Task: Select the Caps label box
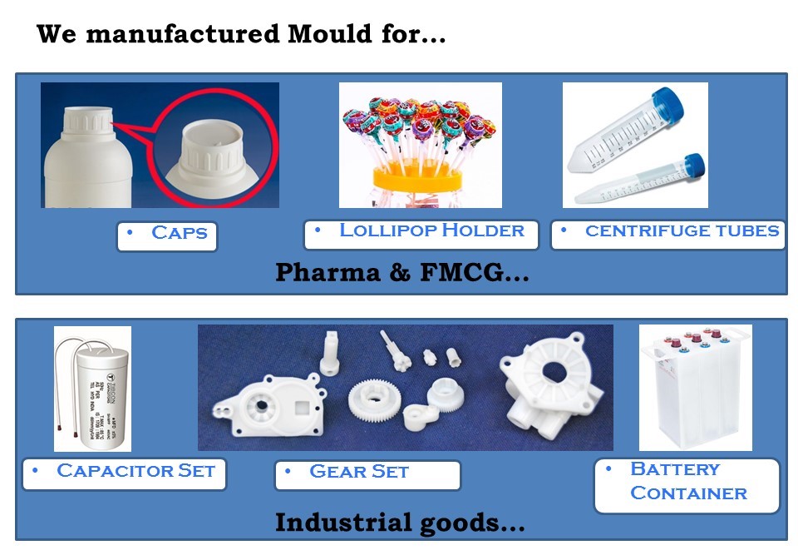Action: pyautogui.click(x=167, y=235)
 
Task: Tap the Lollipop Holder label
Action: pyautogui.click(x=421, y=233)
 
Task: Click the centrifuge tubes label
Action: pyautogui.click(x=668, y=233)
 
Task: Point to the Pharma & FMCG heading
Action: pyautogui.click(x=401, y=272)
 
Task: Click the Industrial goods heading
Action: pyautogui.click(x=400, y=523)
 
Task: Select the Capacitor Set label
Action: pyautogui.click(x=125, y=473)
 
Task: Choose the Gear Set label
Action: pyautogui.click(x=367, y=473)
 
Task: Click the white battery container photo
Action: pyautogui.click(x=694, y=391)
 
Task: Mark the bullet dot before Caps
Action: pyautogui.click(x=129, y=232)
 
